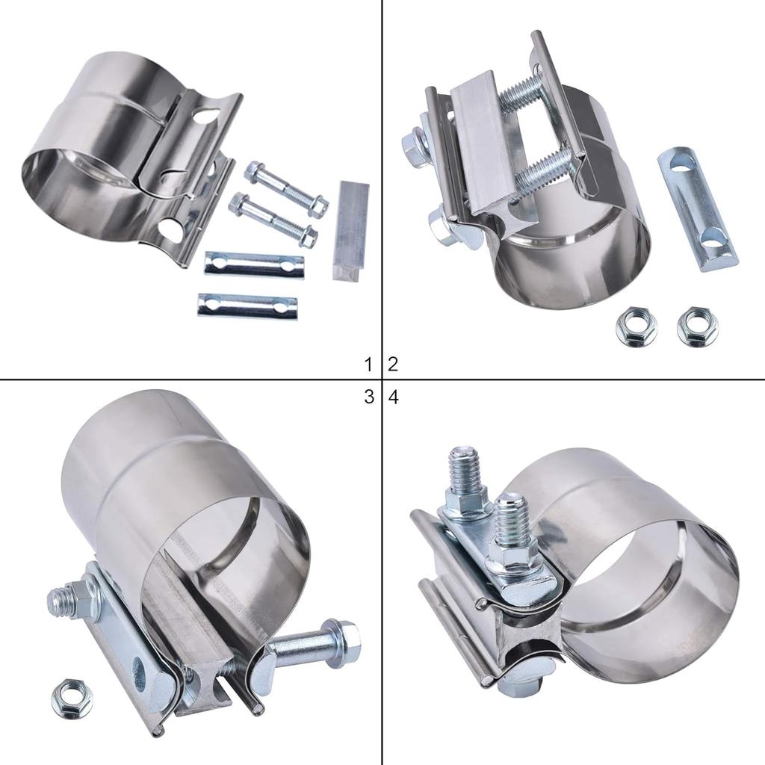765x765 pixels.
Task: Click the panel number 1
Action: [x=368, y=365]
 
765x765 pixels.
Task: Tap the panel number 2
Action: [x=393, y=365]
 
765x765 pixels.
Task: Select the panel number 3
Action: [x=368, y=397]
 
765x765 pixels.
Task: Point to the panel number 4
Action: [x=394, y=397]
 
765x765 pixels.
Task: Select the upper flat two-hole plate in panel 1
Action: [x=254, y=264]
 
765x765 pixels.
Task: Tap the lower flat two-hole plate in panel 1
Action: [x=247, y=306]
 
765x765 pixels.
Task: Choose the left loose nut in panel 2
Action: [x=636, y=328]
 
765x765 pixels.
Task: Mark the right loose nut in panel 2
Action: [x=697, y=326]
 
